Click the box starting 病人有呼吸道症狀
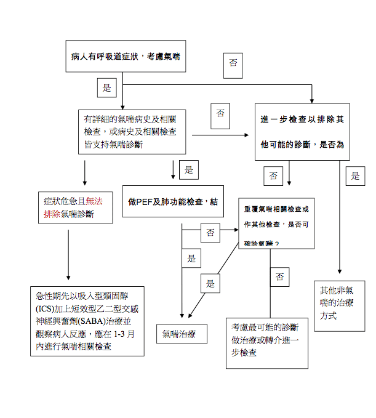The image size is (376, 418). [x=126, y=57]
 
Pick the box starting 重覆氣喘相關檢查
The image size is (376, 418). [x=277, y=225]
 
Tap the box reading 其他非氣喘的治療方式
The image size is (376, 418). [x=337, y=307]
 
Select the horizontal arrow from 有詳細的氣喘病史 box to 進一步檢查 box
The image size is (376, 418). [x=222, y=134]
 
